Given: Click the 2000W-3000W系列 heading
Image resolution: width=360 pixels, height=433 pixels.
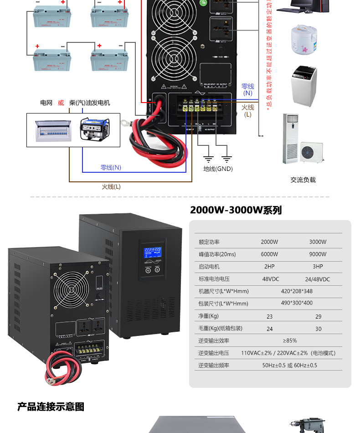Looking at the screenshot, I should tap(236, 210).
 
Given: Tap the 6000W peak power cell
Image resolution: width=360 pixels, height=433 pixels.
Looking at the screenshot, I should tap(269, 254).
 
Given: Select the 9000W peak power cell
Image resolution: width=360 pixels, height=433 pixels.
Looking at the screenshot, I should tap(318, 254).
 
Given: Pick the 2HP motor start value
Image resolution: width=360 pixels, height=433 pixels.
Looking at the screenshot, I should tap(269, 267).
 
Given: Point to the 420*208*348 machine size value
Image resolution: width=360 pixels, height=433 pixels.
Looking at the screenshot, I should tap(297, 291).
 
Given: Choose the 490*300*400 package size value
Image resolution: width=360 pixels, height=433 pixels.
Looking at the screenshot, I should tap(297, 303).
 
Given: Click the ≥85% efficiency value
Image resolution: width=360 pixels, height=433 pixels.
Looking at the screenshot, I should tap(290, 340).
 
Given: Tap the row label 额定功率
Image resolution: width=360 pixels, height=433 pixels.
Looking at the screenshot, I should tap(209, 242).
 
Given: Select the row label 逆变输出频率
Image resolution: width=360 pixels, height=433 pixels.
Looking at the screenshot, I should tap(213, 365).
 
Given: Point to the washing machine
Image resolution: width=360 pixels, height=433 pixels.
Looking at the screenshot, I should tap(304, 86).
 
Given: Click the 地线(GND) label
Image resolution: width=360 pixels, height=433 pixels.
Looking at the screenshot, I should tap(218, 169).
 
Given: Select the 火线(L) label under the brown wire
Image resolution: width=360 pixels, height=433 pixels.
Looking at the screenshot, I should tap(111, 186).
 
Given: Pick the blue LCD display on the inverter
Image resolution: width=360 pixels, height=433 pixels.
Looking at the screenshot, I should tap(152, 252).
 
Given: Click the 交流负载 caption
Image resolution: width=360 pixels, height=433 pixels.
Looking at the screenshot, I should tap(303, 180).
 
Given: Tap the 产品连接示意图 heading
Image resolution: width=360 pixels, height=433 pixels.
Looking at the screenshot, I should tap(51, 407).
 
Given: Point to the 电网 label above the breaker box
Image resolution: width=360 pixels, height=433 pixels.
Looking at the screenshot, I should tap(46, 103).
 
